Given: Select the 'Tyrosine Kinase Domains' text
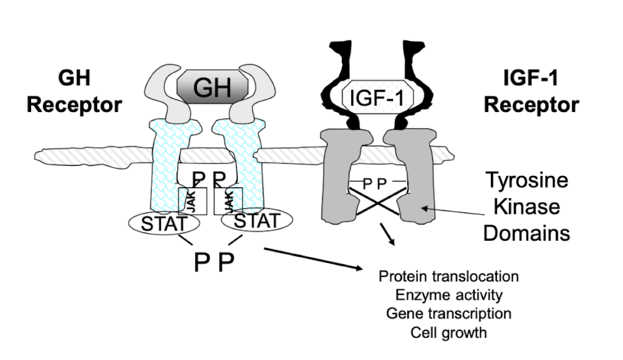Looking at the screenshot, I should coord(527,206).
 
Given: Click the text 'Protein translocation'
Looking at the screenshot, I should coord(448,276).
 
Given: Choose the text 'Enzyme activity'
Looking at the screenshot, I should coord(448,295).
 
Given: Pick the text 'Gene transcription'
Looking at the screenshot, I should coord(448,313).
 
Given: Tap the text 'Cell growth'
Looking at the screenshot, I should coord(448,332).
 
